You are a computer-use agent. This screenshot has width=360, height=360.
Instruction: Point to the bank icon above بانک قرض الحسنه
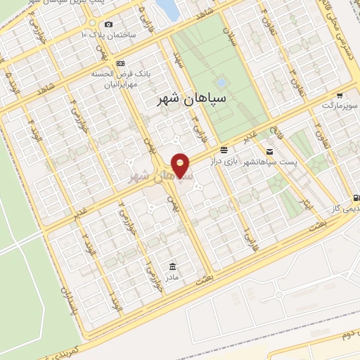[120, 63]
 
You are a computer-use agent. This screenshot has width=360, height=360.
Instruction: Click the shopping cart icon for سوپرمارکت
[340, 96]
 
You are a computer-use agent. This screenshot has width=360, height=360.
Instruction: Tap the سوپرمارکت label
[338, 106]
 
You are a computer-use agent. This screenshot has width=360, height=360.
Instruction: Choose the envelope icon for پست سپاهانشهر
[269, 151]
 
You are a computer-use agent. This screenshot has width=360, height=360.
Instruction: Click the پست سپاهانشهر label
[270, 162]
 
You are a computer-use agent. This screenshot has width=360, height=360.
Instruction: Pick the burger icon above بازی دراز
[224, 149]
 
